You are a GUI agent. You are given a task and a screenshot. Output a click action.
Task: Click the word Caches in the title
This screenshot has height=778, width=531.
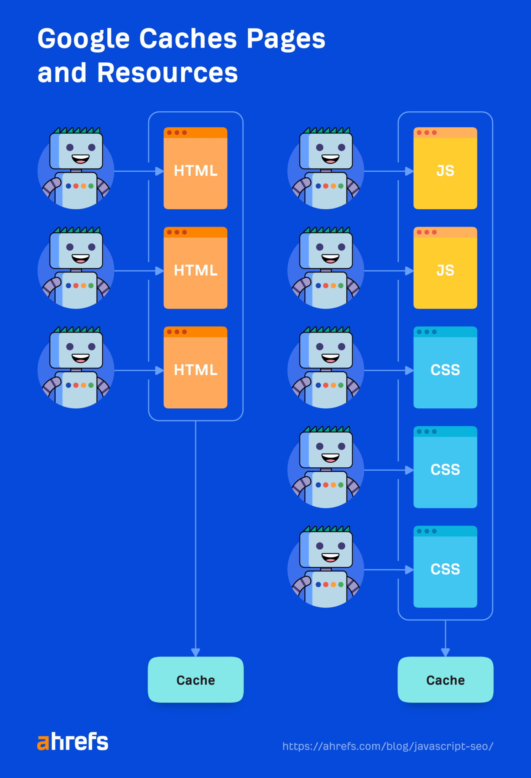point(188,39)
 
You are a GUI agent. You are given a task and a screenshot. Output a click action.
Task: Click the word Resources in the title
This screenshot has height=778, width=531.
point(167,73)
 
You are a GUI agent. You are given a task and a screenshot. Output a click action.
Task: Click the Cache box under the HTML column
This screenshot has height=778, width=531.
point(196,680)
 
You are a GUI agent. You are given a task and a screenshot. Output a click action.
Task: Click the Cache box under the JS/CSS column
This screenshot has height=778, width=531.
point(445,680)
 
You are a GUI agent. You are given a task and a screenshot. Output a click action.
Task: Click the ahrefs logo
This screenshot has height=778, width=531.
point(73,742)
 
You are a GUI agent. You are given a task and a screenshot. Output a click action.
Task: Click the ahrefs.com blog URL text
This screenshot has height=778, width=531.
point(388,746)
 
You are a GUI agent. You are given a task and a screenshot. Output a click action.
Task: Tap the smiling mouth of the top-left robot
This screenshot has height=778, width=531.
point(81,158)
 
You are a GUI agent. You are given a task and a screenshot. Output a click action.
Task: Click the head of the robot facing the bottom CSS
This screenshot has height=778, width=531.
point(326,549)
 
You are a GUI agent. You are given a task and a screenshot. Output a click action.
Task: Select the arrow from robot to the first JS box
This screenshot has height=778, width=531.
point(388,171)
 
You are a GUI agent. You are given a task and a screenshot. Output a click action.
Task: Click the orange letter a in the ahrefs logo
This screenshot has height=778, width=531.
point(43,743)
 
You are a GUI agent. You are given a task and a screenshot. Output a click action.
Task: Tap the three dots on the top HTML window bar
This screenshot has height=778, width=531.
point(177,133)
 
